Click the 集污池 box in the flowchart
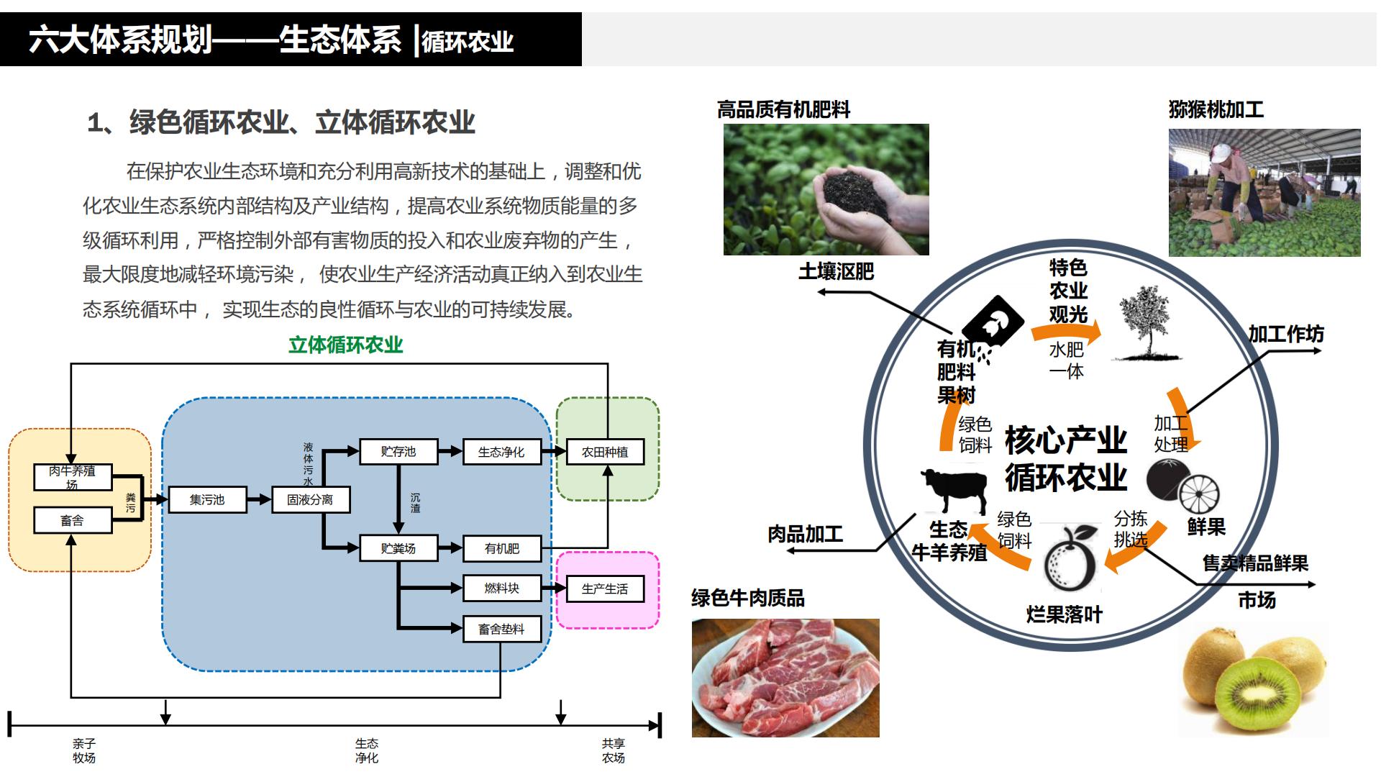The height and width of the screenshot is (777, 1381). (207, 499)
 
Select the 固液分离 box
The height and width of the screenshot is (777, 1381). (310, 499)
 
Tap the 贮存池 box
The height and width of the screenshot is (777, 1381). (398, 451)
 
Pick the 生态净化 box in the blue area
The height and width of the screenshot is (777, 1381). (501, 452)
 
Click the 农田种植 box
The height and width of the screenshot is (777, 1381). (605, 452)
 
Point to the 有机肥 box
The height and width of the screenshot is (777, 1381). (501, 548)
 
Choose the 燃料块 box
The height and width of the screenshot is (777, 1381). (501, 588)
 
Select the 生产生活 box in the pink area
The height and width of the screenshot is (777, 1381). (605, 589)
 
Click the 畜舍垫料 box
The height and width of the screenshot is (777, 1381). (501, 629)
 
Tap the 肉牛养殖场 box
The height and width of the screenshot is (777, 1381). (72, 477)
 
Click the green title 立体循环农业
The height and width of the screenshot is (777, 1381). (345, 345)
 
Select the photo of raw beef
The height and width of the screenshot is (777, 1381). (785, 678)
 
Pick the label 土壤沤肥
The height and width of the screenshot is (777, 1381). (836, 271)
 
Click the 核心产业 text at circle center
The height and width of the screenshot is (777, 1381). (1065, 440)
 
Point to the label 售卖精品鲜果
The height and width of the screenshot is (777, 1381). (1255, 563)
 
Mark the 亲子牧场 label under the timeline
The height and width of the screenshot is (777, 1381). (84, 750)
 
